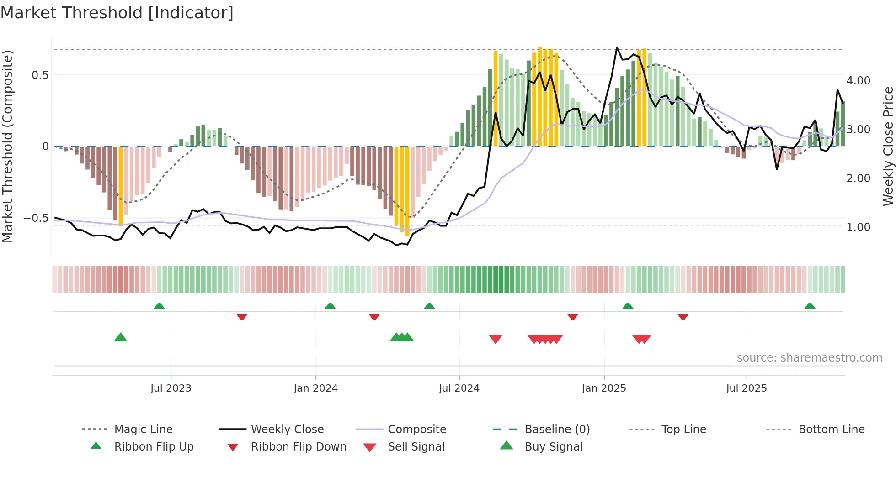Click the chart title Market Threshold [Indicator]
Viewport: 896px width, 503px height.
pos(117,13)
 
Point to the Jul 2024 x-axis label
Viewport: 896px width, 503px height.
pos(459,388)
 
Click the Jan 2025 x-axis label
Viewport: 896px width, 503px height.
pos(604,388)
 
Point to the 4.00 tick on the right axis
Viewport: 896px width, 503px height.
pos(858,81)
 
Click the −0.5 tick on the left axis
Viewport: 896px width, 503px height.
pos(36,218)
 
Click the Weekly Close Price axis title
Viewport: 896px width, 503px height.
pos(888,146)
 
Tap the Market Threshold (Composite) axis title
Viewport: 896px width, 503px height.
pos(7,146)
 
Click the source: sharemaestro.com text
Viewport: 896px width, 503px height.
pos(809,358)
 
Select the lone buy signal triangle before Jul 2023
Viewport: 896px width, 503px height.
pos(120,337)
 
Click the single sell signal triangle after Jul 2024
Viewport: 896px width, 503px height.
pos(496,339)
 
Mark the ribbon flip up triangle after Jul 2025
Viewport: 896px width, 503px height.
pos(810,306)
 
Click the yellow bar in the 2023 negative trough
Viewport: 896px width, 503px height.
pos(121,185)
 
